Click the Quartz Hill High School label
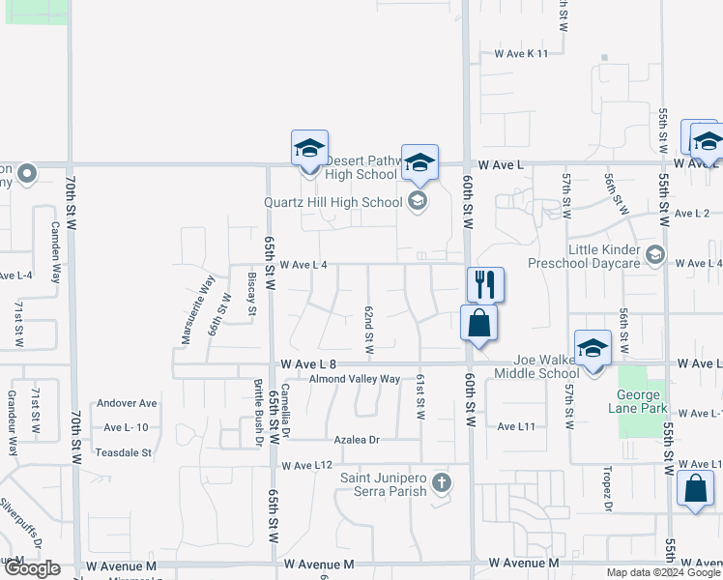(x=333, y=202)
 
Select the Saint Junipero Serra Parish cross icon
(x=441, y=481)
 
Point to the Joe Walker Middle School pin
(x=593, y=348)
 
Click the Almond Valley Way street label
(x=354, y=379)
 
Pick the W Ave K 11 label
(x=520, y=53)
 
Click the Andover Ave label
(x=127, y=403)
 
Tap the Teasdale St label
(x=124, y=451)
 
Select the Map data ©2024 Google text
(x=663, y=572)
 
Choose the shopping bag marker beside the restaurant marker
(x=478, y=324)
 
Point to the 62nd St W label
(x=368, y=330)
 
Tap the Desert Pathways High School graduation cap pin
(x=310, y=149)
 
